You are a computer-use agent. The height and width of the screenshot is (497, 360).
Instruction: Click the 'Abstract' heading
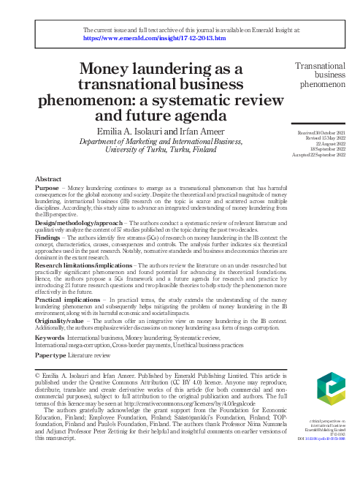[48, 178]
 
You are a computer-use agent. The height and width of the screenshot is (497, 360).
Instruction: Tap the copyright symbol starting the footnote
[38, 376]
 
